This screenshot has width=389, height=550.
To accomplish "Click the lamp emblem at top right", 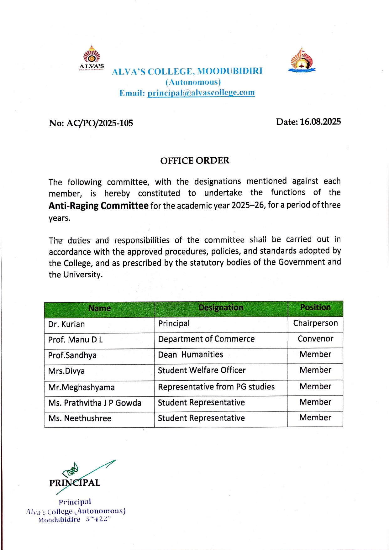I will coord(302,60).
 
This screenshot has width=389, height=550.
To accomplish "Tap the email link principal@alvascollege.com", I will coord(201,93).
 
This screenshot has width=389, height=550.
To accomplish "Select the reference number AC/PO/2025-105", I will coord(100,123).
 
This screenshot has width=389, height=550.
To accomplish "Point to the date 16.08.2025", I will coord(320,122).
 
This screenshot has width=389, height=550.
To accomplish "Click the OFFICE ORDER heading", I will coord(195,160).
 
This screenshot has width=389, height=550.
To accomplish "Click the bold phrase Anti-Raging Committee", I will coord(98,206).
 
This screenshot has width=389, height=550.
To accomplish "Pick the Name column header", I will coord(99,308).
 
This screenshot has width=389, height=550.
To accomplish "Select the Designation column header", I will coord(221,308).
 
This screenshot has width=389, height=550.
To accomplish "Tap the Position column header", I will coord(315,307).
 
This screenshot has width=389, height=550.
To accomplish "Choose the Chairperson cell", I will coord(315,323).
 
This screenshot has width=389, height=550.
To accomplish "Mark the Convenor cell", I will coord(315,339).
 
